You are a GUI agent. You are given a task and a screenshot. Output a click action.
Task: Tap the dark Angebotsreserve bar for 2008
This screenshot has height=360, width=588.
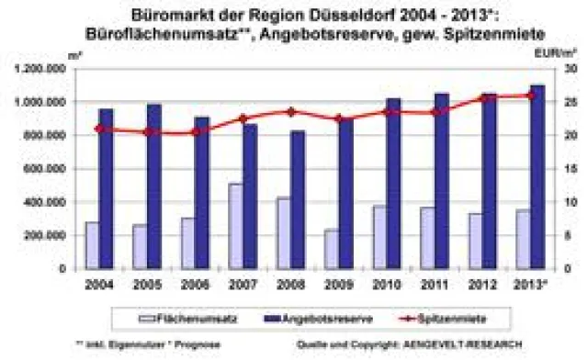pos(299,199)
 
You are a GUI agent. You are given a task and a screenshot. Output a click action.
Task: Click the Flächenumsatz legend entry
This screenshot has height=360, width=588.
pos(177,318)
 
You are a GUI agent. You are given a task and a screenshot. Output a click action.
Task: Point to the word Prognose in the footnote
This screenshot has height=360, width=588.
pos(175,344)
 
